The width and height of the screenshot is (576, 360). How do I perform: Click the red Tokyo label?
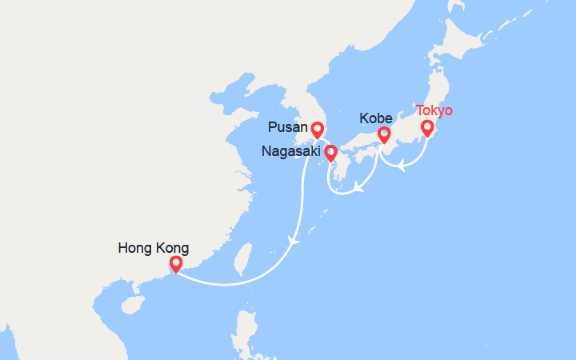[x=434, y=110]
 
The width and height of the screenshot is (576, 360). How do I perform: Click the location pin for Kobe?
[x=384, y=135]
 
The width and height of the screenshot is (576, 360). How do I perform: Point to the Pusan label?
[x=287, y=128]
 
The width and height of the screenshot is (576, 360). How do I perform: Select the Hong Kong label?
[x=153, y=248]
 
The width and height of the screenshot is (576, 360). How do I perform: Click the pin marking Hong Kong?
[x=176, y=263]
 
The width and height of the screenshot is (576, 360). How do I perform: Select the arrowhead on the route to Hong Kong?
[x=295, y=240]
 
